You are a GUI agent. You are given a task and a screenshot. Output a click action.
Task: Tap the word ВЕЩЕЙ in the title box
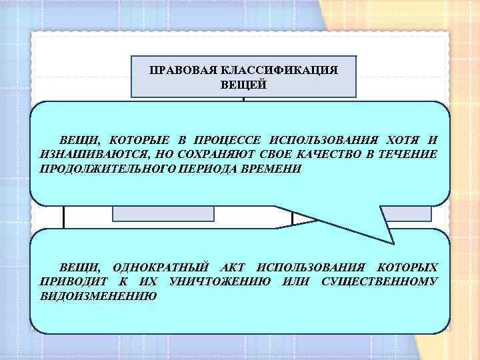pyautogui.click(x=243, y=85)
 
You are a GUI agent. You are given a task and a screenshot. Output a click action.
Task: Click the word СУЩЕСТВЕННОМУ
pyautogui.click(x=379, y=281)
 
